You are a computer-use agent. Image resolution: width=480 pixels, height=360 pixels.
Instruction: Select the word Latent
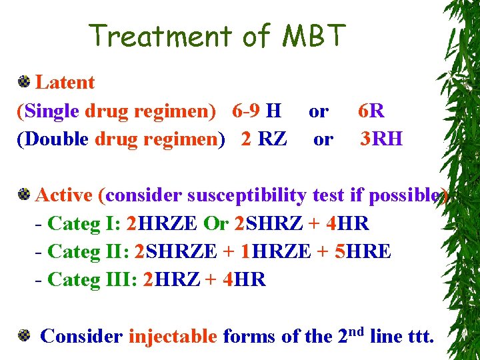pyautogui.click(x=65, y=83)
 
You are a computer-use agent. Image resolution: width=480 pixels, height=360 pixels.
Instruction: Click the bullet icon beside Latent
pyautogui.click(x=24, y=83)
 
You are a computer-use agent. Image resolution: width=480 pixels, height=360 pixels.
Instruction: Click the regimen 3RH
pyautogui.click(x=381, y=139)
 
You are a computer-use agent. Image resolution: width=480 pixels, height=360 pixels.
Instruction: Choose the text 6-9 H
pyautogui.click(x=257, y=111)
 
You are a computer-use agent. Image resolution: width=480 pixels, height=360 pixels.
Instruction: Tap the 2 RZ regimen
pyautogui.click(x=264, y=139)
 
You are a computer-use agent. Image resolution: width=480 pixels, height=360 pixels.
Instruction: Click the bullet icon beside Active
pyautogui.click(x=24, y=195)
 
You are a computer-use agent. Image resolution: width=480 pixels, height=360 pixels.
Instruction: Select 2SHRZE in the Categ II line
pyautogui.click(x=175, y=251)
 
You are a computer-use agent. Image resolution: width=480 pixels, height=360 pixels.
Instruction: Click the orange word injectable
pyautogui.click(x=173, y=336)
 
